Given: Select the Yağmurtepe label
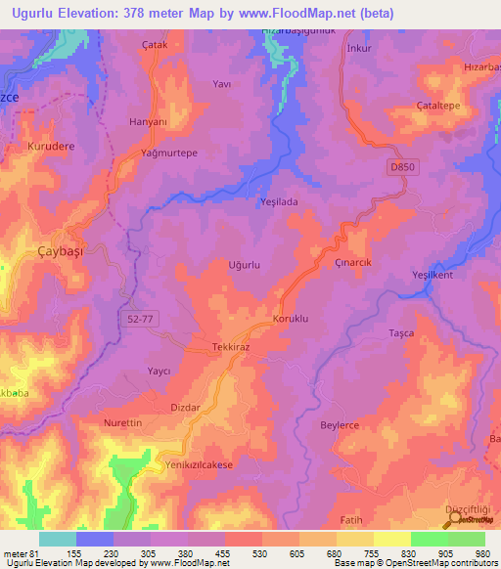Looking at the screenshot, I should tap(142, 153).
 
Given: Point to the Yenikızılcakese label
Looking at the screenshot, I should tap(200, 465).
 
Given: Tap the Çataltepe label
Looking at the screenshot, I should tap(439, 106).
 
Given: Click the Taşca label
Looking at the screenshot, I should tap(402, 332).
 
